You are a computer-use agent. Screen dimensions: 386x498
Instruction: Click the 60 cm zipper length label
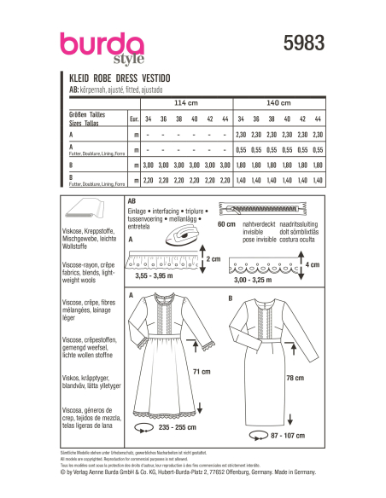pos(227,224)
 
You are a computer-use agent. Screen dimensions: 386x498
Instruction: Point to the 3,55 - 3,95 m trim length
pos(156,276)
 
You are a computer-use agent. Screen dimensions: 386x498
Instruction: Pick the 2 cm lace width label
pos(215,258)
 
